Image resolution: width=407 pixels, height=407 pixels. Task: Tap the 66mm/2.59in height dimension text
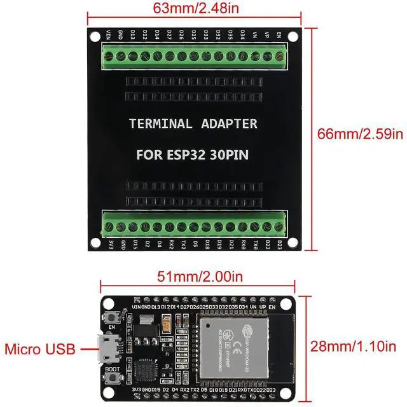click(361, 134)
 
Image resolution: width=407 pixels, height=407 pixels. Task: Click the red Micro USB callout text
click(40, 348)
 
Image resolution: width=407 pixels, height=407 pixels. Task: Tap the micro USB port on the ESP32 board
click(103, 348)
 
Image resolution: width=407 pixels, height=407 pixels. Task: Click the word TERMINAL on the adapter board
click(160, 123)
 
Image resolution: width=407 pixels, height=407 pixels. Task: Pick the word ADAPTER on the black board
click(228, 123)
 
